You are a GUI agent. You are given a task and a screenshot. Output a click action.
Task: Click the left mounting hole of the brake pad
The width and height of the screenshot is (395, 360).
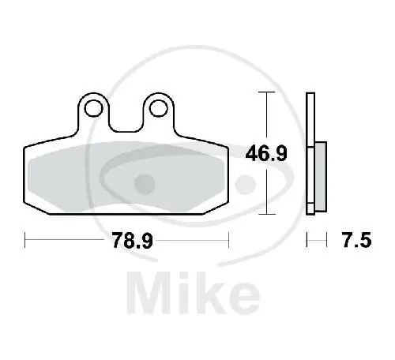click(x=95, y=107)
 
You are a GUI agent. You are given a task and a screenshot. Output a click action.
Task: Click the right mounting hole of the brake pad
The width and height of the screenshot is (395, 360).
click(x=159, y=107)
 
